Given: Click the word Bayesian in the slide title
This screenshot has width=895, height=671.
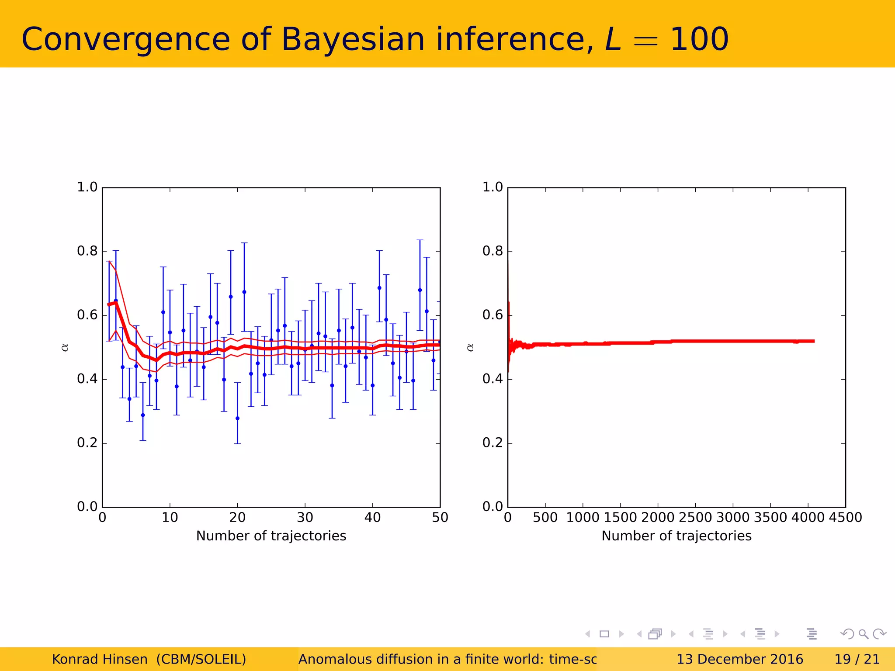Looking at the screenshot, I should click(x=353, y=39).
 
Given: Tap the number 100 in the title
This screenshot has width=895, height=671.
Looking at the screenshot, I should click(x=699, y=39).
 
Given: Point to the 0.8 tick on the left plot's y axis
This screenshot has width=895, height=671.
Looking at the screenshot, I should click(x=87, y=251).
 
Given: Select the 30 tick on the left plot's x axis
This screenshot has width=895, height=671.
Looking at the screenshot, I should click(x=305, y=518).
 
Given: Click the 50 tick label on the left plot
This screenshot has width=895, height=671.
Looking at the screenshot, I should click(x=440, y=518).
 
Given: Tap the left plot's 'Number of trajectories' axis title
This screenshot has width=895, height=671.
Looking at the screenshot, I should click(x=271, y=536).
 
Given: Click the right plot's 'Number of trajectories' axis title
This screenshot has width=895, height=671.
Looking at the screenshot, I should click(x=676, y=536).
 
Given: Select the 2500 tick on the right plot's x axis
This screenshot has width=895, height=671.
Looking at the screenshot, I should click(x=696, y=518).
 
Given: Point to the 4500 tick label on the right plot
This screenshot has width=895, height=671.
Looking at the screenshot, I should click(x=845, y=518).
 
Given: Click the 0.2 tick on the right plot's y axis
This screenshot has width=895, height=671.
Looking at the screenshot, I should click(x=493, y=443).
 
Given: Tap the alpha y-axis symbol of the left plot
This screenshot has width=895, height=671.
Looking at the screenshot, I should click(x=65, y=348).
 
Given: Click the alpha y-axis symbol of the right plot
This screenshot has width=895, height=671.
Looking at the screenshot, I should click(x=470, y=348).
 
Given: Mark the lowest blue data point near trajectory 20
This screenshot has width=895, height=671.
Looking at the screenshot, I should click(x=237, y=419).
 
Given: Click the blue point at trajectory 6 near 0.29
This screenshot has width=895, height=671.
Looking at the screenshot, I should click(x=143, y=415).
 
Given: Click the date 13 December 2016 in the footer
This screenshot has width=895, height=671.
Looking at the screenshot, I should click(x=739, y=659).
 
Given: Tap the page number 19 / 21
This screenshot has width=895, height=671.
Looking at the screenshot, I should click(x=857, y=659).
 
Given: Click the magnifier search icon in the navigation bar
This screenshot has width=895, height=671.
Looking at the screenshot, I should click(x=863, y=634).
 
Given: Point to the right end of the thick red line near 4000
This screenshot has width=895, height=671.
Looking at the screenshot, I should click(x=813, y=341).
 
